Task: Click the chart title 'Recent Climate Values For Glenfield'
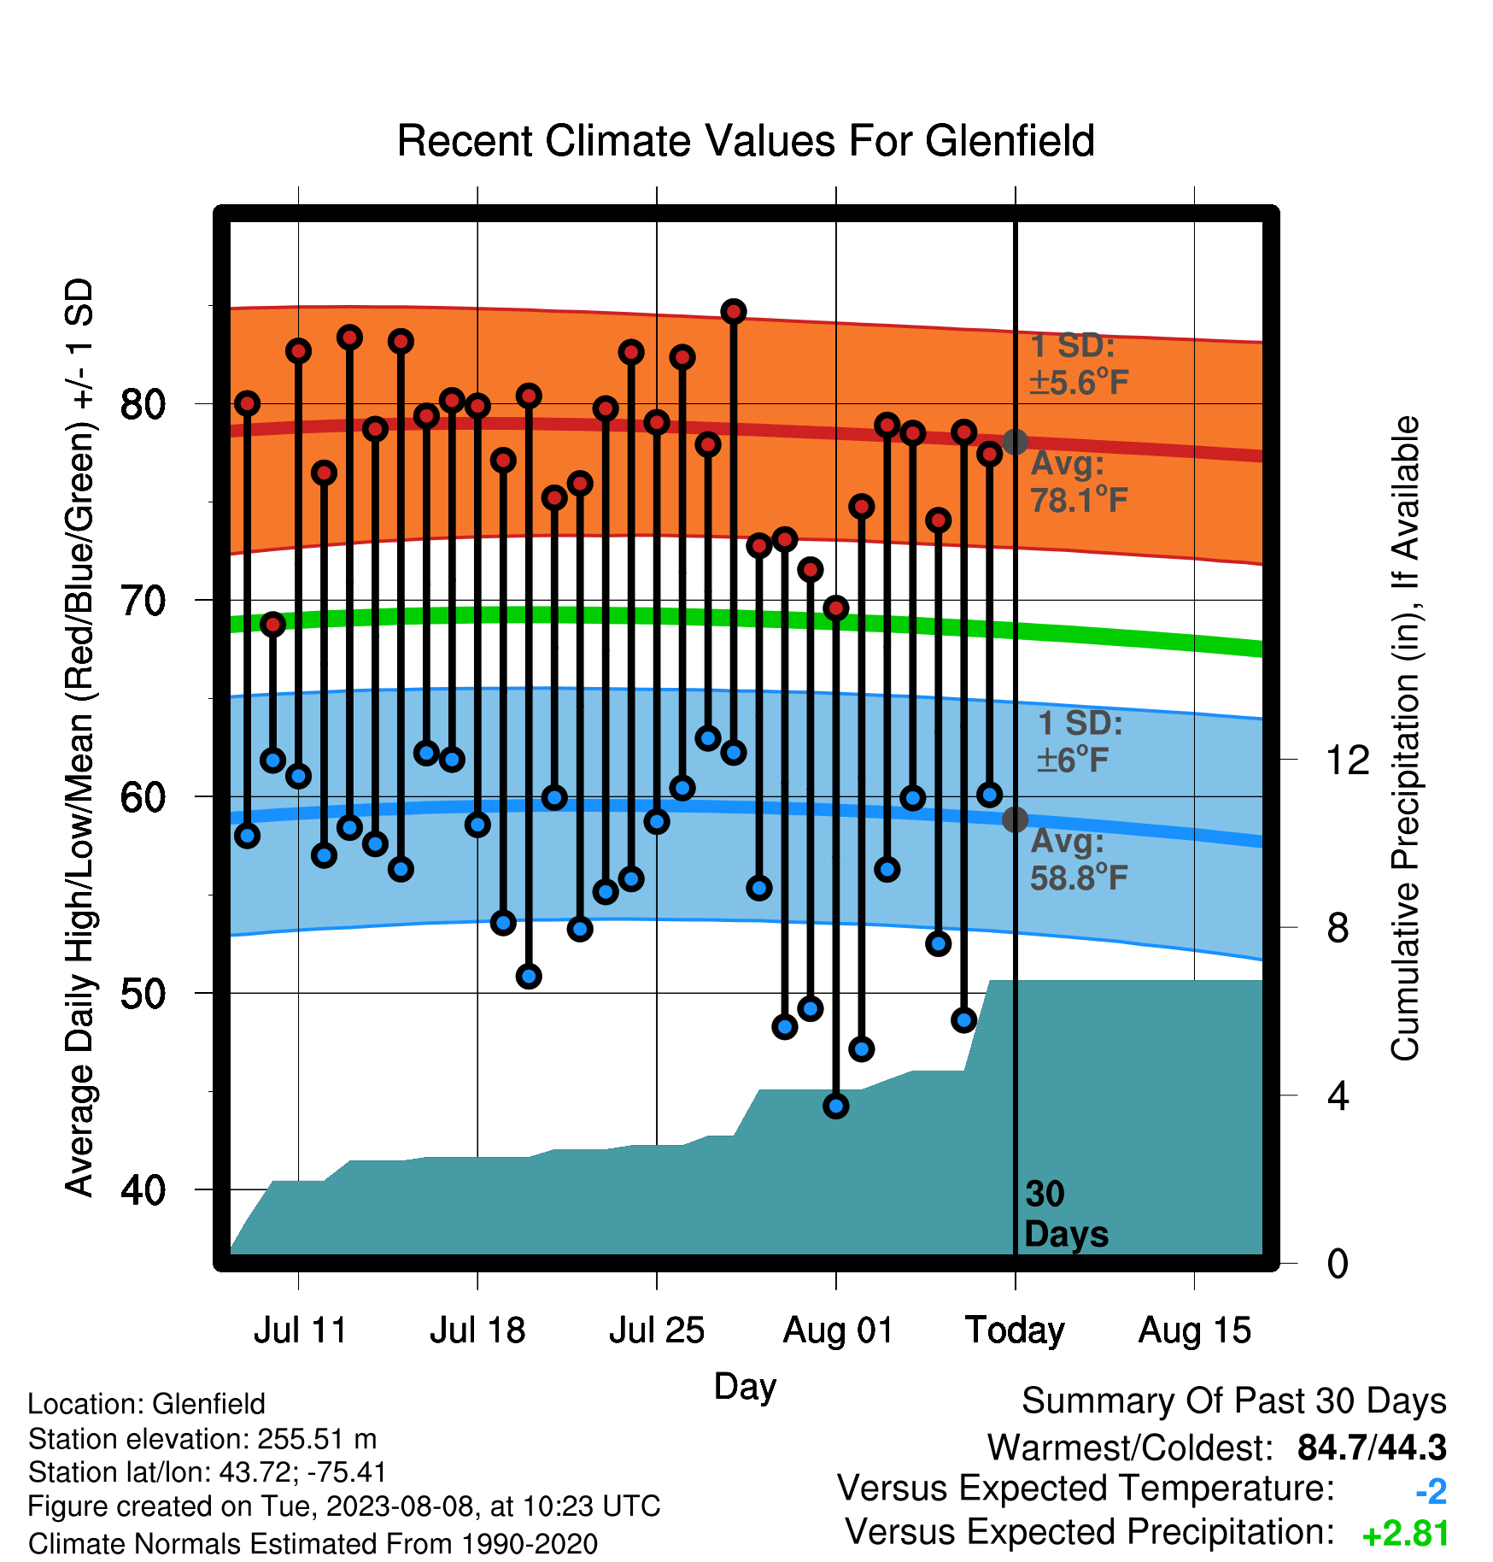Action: pyautogui.click(x=746, y=141)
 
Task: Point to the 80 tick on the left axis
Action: pyautogui.click(x=143, y=403)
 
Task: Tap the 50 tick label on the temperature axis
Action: pyautogui.click(x=143, y=993)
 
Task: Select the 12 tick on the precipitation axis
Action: pyautogui.click(x=1347, y=760)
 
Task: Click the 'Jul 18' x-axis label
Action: pyautogui.click(x=477, y=1330)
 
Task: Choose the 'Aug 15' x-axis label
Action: pyautogui.click(x=1194, y=1330)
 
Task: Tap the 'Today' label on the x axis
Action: pyautogui.click(x=1015, y=1330)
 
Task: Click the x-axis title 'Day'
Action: pyautogui.click(x=745, y=1387)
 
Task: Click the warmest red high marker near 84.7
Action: pyautogui.click(x=734, y=312)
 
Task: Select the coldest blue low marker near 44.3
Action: pyautogui.click(x=836, y=1106)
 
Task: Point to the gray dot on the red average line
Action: pyautogui.click(x=1015, y=442)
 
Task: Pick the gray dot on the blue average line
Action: pyautogui.click(x=1015, y=819)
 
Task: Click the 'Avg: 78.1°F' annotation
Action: pyautogui.click(x=1080, y=482)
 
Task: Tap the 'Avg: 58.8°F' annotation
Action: pyautogui.click(x=1080, y=860)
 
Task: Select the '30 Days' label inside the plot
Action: pyautogui.click(x=1066, y=1214)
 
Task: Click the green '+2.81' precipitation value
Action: pyautogui.click(x=1405, y=1534)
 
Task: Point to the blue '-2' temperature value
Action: pyautogui.click(x=1432, y=1491)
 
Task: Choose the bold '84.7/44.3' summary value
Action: pyautogui.click(x=1372, y=1447)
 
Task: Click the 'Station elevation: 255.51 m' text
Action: pyautogui.click(x=202, y=1439)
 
